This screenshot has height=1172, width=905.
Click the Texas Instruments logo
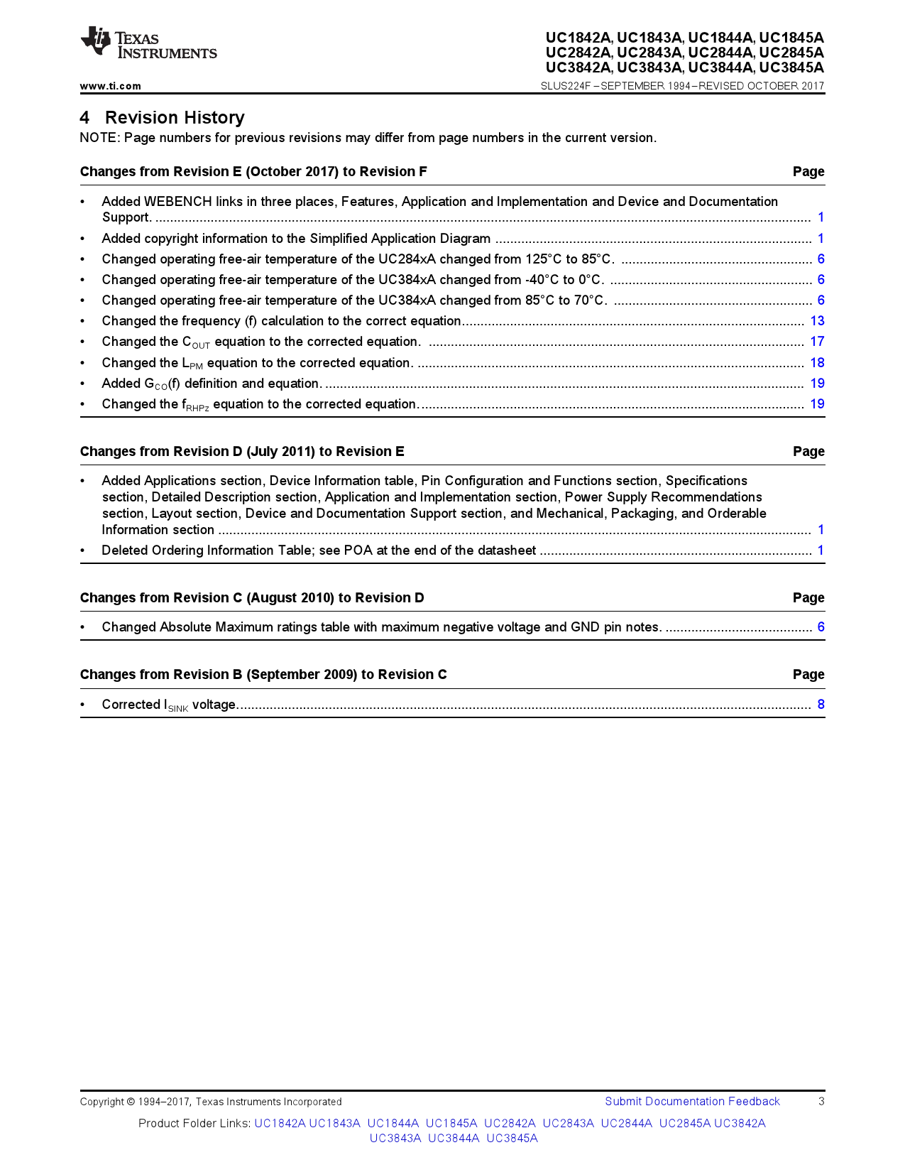[148, 45]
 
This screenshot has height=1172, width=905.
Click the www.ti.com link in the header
[110, 86]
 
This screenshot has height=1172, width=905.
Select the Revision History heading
[174, 117]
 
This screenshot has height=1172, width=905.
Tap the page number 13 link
[817, 321]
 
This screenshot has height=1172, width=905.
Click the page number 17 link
[817, 342]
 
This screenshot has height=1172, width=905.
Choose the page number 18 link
[817, 363]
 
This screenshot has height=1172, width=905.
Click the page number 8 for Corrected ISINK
[821, 705]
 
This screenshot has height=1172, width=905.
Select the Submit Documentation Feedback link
[692, 1102]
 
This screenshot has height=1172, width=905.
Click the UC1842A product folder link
[280, 1124]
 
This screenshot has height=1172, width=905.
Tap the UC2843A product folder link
[568, 1124]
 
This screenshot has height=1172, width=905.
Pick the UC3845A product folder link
[512, 1139]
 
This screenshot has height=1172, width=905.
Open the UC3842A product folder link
[740, 1124]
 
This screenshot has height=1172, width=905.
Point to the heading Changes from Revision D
[242, 452]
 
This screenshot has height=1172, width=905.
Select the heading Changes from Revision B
[263, 675]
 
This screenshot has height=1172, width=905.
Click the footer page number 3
[821, 1102]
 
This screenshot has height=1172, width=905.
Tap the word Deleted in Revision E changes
[124, 550]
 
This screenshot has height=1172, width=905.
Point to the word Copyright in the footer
[102, 1102]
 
